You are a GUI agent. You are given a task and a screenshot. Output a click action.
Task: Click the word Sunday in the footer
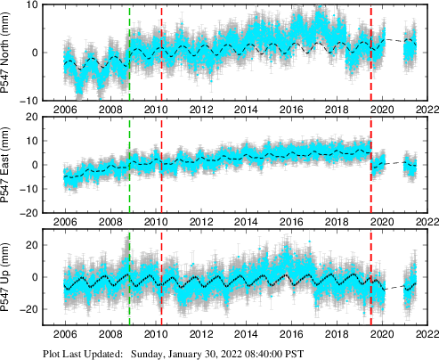pos(150,353)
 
